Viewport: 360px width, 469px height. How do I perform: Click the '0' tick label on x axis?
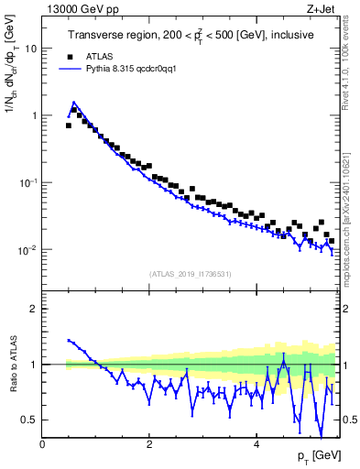(42, 444)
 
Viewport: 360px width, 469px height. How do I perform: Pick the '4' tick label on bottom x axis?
(256, 444)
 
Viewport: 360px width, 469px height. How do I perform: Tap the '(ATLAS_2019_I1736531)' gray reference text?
(190, 274)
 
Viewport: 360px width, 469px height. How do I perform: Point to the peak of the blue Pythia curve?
(74, 103)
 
